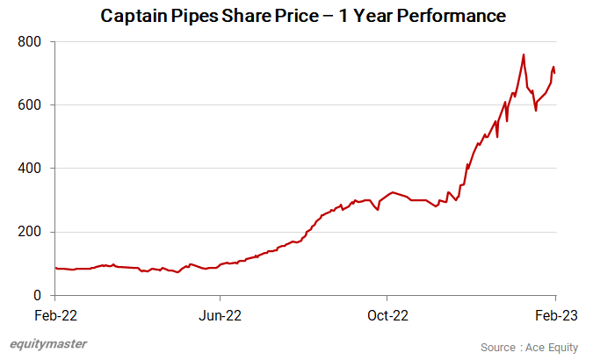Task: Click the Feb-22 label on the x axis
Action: (54, 314)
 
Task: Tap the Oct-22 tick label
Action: (387, 314)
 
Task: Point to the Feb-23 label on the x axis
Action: (555, 314)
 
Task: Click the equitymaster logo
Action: (47, 343)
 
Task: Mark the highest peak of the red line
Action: (524, 54)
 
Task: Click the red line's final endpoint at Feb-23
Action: (554, 73)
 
